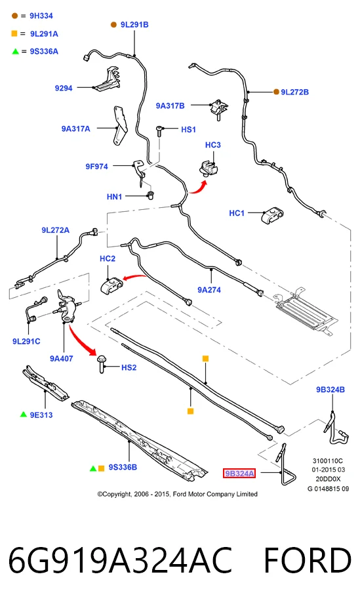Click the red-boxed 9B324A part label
[239, 473]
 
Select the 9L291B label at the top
[134, 24]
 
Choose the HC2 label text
[108, 258]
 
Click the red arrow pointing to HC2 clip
[134, 277]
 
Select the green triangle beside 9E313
[24, 415]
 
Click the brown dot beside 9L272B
[276, 92]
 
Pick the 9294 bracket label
[64, 88]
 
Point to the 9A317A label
[75, 129]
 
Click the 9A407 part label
[61, 359]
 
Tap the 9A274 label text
[209, 290]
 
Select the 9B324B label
[330, 390]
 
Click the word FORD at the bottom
[308, 560]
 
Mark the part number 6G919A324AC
[120, 560]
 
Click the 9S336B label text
[123, 467]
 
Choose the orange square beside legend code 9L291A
[14, 33]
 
